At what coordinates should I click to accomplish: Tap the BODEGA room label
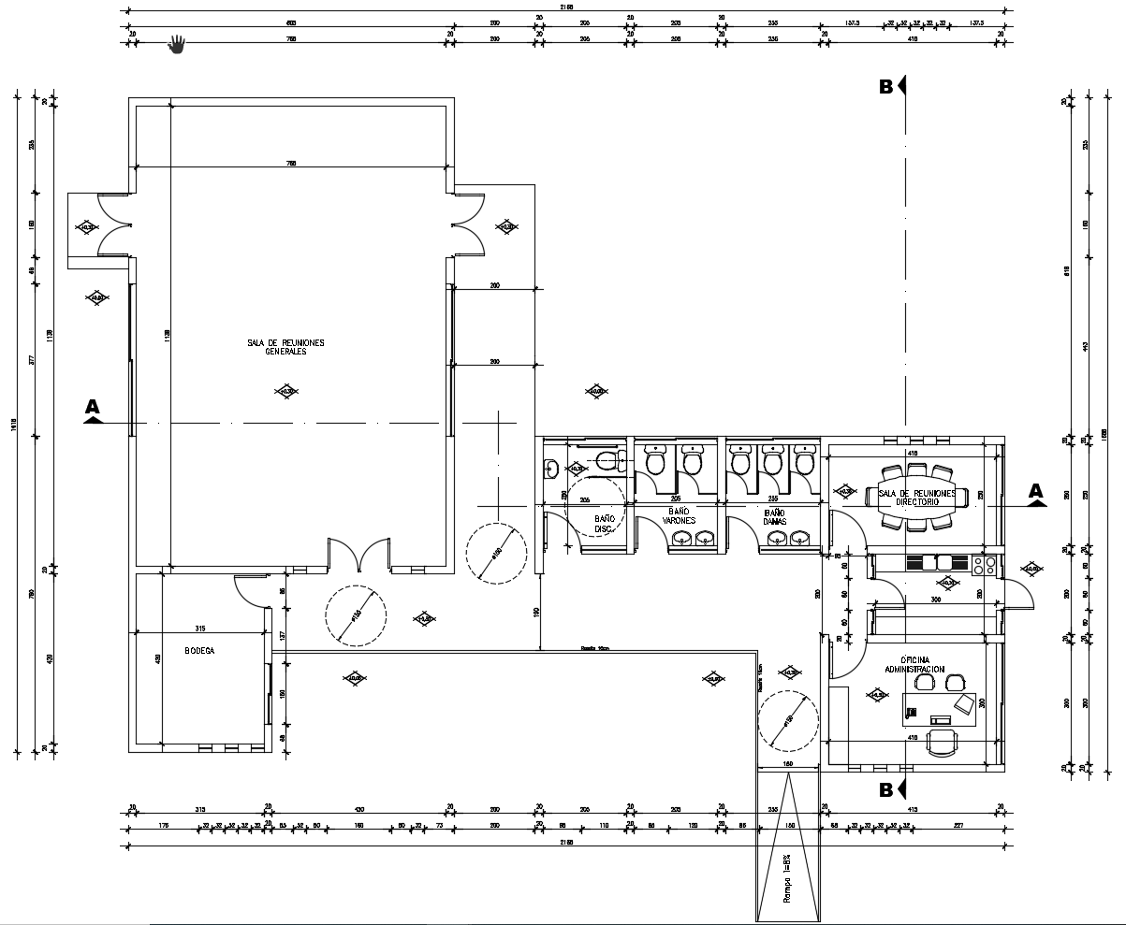(199, 651)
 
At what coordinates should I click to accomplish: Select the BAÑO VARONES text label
(680, 516)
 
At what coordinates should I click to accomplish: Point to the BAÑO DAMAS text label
(774, 516)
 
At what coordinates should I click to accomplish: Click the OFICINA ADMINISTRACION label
(914, 665)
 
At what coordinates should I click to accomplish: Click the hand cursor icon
(177, 44)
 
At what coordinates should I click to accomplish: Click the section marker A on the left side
(93, 411)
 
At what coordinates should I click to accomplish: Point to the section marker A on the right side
(1035, 494)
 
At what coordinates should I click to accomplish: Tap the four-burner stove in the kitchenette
(984, 564)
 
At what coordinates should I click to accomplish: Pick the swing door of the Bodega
(250, 589)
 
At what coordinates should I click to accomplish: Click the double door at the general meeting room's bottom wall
(358, 555)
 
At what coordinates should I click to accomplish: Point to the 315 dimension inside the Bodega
(200, 628)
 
